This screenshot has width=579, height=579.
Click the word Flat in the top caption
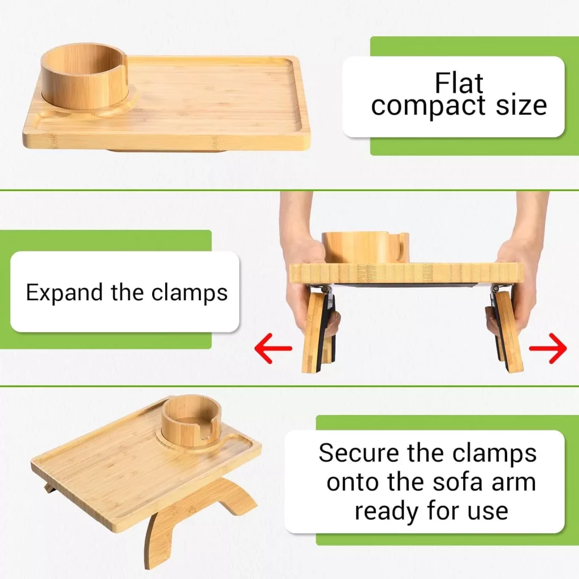point(459,84)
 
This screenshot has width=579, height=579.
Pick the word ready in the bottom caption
point(386,511)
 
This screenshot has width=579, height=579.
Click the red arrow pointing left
point(273,349)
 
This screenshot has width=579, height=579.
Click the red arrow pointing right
point(548,349)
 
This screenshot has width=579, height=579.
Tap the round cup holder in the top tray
point(85,76)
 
